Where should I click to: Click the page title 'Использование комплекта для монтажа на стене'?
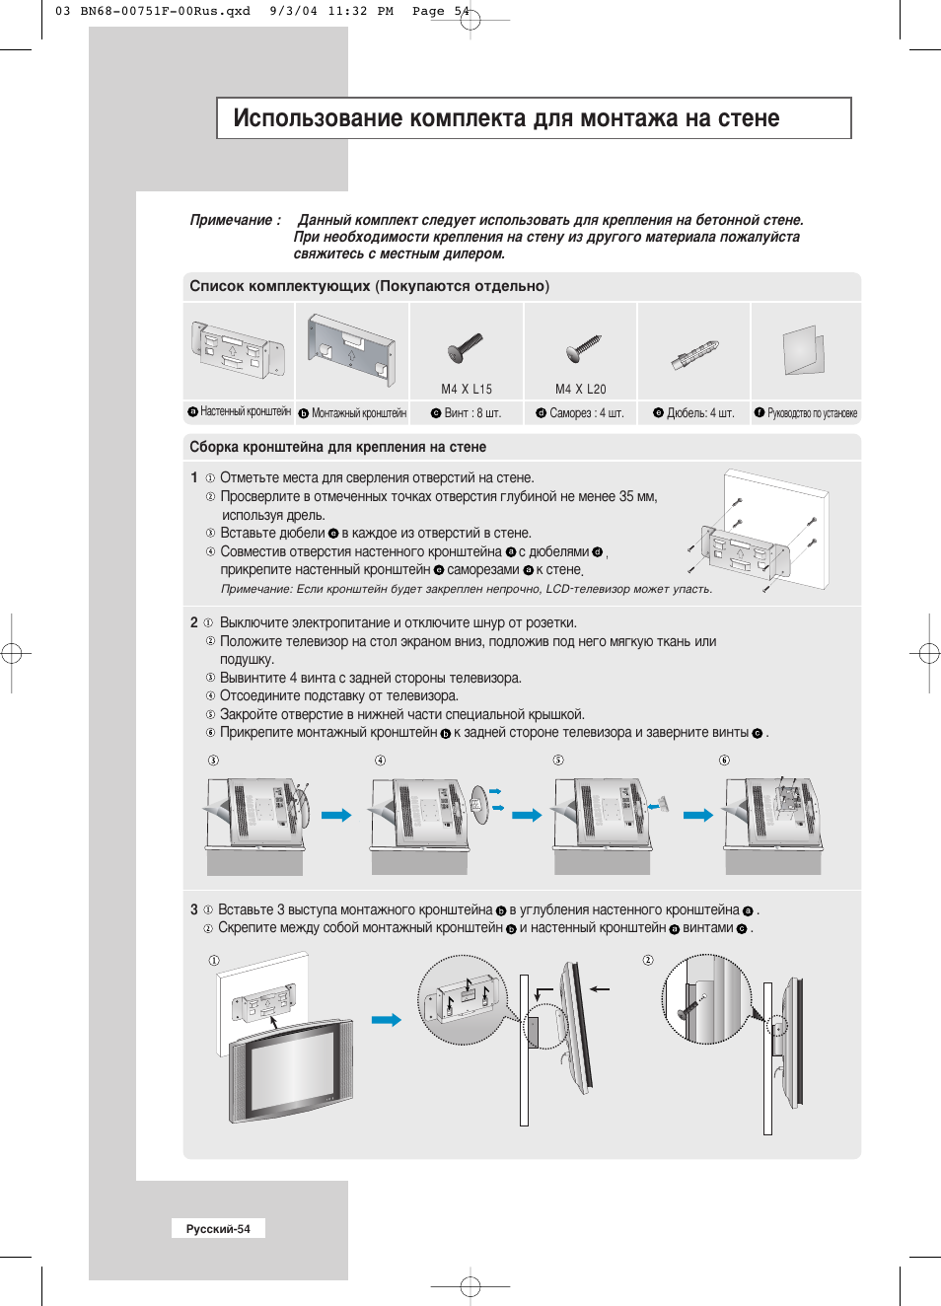point(506,118)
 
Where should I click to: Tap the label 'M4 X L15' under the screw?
point(467,390)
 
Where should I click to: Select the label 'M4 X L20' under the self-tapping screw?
point(580,390)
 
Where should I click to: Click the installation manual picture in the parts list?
point(804,350)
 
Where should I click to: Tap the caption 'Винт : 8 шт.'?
point(472,413)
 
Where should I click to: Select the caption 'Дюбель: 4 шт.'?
point(700,413)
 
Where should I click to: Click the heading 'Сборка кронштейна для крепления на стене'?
point(337,447)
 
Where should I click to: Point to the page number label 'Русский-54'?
point(218,1229)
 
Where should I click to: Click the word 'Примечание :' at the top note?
point(235,220)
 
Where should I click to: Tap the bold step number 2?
point(194,622)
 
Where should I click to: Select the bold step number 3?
point(194,909)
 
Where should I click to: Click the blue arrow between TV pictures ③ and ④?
point(336,815)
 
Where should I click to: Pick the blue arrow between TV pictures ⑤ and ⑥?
point(698,815)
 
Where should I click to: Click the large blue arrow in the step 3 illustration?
point(386,1020)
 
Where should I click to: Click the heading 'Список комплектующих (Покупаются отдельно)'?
point(369,286)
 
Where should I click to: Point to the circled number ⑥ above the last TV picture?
point(724,761)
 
